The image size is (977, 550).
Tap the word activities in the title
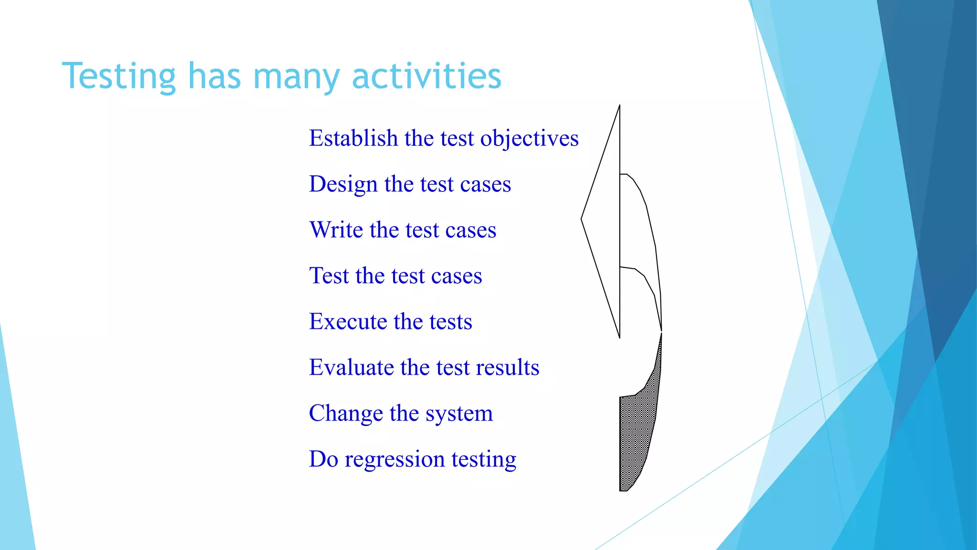coord(426,76)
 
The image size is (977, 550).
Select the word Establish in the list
coord(353,138)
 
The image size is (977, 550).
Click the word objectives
coord(529,138)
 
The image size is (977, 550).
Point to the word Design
coord(343,184)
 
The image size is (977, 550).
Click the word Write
coord(336,230)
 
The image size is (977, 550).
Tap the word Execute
coord(348,322)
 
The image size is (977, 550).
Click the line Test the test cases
coord(395,276)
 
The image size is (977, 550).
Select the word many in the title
coord(296,76)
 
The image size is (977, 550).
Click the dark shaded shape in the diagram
coord(637,430)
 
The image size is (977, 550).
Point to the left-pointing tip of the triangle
coord(582,219)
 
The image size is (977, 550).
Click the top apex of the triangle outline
coord(619,106)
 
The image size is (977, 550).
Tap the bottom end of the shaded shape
coord(624,489)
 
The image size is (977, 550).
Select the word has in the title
coord(214,76)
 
